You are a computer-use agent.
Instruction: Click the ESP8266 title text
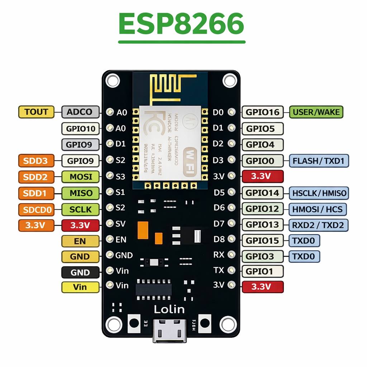(181, 24)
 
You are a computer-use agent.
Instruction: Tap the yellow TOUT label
(36, 112)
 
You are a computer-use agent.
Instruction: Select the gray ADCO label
(79, 112)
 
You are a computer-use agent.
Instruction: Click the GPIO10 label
(80, 128)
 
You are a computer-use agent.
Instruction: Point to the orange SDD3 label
(36, 161)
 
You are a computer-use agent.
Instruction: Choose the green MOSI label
(81, 177)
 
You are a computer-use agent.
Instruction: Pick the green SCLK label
(81, 209)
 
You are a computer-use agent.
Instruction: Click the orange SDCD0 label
(36, 209)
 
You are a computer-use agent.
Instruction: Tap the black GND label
(80, 272)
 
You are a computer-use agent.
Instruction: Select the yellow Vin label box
(80, 287)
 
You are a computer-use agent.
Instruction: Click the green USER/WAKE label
(316, 112)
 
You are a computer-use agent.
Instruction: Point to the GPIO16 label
(263, 112)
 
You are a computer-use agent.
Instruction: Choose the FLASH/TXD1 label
(319, 161)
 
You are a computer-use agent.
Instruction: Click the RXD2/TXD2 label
(319, 225)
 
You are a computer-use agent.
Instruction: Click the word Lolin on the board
(169, 309)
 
